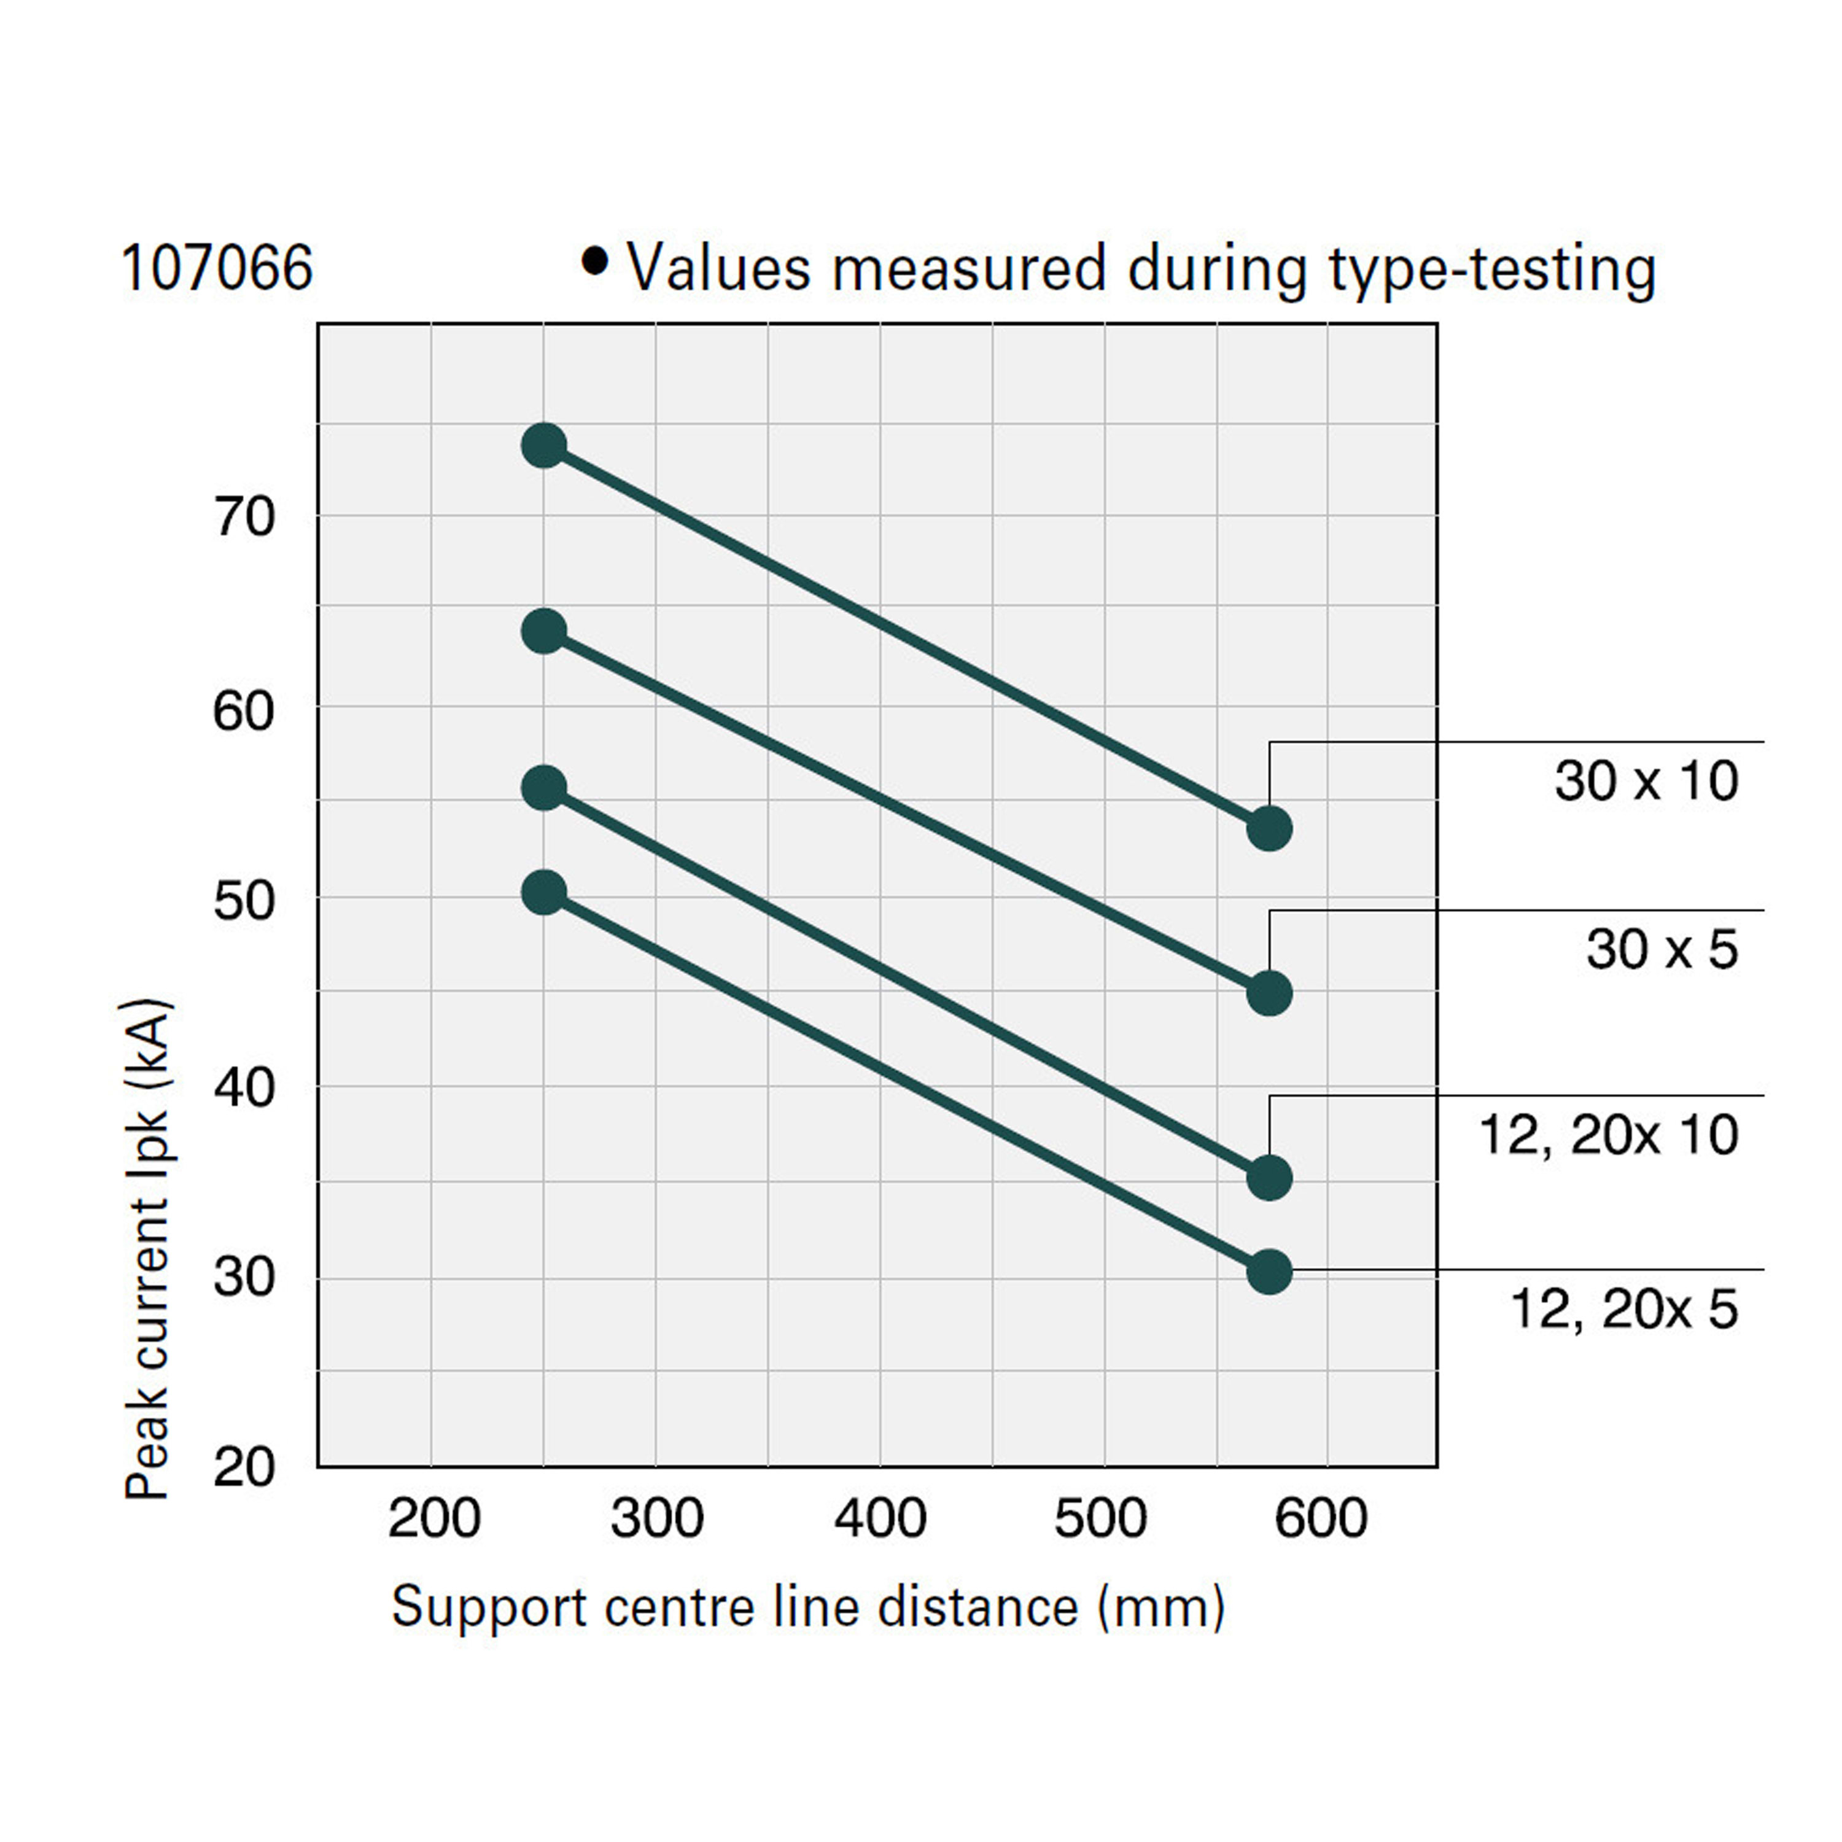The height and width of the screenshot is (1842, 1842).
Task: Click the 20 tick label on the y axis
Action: point(244,1467)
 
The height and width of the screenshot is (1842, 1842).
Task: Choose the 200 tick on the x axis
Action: point(434,1519)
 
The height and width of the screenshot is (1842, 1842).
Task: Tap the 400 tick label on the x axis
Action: point(880,1519)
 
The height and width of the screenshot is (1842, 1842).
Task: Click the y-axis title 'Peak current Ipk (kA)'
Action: point(148,1248)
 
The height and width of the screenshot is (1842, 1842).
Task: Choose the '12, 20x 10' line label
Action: point(1609,1135)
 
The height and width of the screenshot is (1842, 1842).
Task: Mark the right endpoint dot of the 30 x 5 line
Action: point(1269,993)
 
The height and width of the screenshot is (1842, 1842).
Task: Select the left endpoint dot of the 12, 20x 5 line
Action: point(545,892)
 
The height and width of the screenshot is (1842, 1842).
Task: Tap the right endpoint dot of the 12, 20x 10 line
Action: point(1269,1178)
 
